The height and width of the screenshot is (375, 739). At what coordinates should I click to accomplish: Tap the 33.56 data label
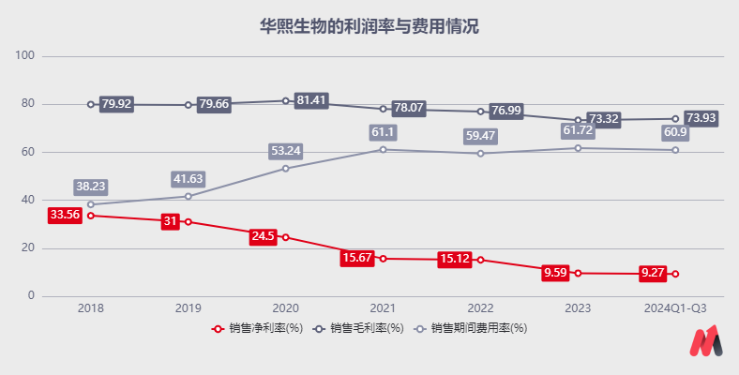[65, 215]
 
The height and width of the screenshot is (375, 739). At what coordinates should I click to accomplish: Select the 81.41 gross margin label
[311, 100]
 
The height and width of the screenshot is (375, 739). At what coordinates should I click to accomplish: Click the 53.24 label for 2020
[285, 150]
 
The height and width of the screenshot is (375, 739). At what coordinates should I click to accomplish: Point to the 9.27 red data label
[654, 273]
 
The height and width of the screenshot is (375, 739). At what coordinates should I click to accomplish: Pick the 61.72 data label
[578, 130]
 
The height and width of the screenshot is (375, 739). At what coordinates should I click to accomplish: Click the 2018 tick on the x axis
[91, 307]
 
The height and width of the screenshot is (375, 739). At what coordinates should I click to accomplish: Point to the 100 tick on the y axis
[25, 56]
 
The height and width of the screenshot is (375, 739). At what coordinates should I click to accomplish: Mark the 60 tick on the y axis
[28, 152]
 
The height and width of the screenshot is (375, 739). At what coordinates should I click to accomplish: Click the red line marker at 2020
[285, 237]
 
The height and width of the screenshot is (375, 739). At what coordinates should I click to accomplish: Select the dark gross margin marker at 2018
[91, 104]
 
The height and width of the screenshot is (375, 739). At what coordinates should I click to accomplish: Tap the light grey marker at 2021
[383, 150]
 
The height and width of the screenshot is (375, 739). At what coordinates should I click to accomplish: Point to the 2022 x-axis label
[480, 307]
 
